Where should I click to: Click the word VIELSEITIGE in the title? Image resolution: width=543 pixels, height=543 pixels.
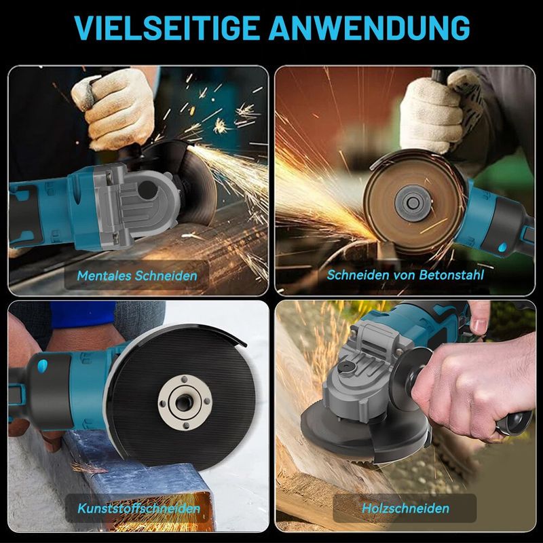(x=167, y=27)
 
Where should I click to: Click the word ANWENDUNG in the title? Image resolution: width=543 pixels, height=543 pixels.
(x=369, y=27)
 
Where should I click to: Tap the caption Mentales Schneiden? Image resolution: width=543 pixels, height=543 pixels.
(x=137, y=276)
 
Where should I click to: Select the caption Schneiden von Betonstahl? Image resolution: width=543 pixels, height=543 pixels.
(x=405, y=275)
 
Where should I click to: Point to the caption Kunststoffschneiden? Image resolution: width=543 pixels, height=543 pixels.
(x=139, y=508)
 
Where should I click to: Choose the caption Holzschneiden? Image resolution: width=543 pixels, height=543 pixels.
(x=405, y=508)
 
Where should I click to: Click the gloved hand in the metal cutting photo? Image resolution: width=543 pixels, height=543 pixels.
(x=113, y=108)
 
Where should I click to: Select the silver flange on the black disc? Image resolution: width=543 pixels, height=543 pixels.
(x=185, y=402)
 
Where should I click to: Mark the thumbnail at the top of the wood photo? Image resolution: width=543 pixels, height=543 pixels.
(x=479, y=325)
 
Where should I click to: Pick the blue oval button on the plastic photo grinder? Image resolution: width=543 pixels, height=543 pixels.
(x=42, y=366)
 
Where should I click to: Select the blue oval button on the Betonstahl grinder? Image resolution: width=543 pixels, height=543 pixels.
(x=502, y=247)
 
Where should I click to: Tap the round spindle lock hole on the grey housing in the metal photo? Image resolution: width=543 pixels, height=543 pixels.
(x=147, y=190)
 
